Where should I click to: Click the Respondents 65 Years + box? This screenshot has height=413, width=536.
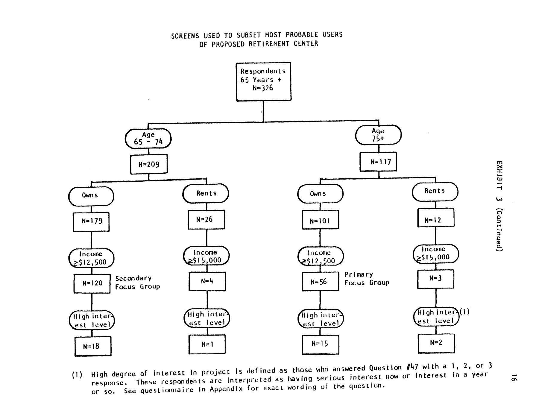[x=263, y=81]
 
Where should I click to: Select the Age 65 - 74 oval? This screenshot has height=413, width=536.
[x=148, y=139]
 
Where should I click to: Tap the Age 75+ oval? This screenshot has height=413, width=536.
[x=378, y=135]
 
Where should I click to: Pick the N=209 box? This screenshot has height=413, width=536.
[x=149, y=164]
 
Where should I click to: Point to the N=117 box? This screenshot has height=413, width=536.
[x=378, y=162]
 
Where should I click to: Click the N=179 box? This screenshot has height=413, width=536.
[x=91, y=222]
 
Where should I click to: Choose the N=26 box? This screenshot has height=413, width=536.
[x=206, y=220]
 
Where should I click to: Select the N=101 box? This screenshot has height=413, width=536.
[x=320, y=220]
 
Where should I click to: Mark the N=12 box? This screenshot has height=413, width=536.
[x=435, y=218]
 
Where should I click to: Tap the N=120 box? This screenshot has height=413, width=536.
[x=92, y=283]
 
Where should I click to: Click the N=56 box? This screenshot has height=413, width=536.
[x=320, y=282]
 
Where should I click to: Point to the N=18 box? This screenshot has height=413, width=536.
[x=93, y=346]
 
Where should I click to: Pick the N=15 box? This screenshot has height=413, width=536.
[x=321, y=344]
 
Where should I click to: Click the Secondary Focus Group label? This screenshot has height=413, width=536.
[x=138, y=283]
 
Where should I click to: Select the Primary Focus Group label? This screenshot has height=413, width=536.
[x=367, y=279]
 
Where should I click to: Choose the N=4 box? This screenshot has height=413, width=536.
[x=207, y=281]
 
